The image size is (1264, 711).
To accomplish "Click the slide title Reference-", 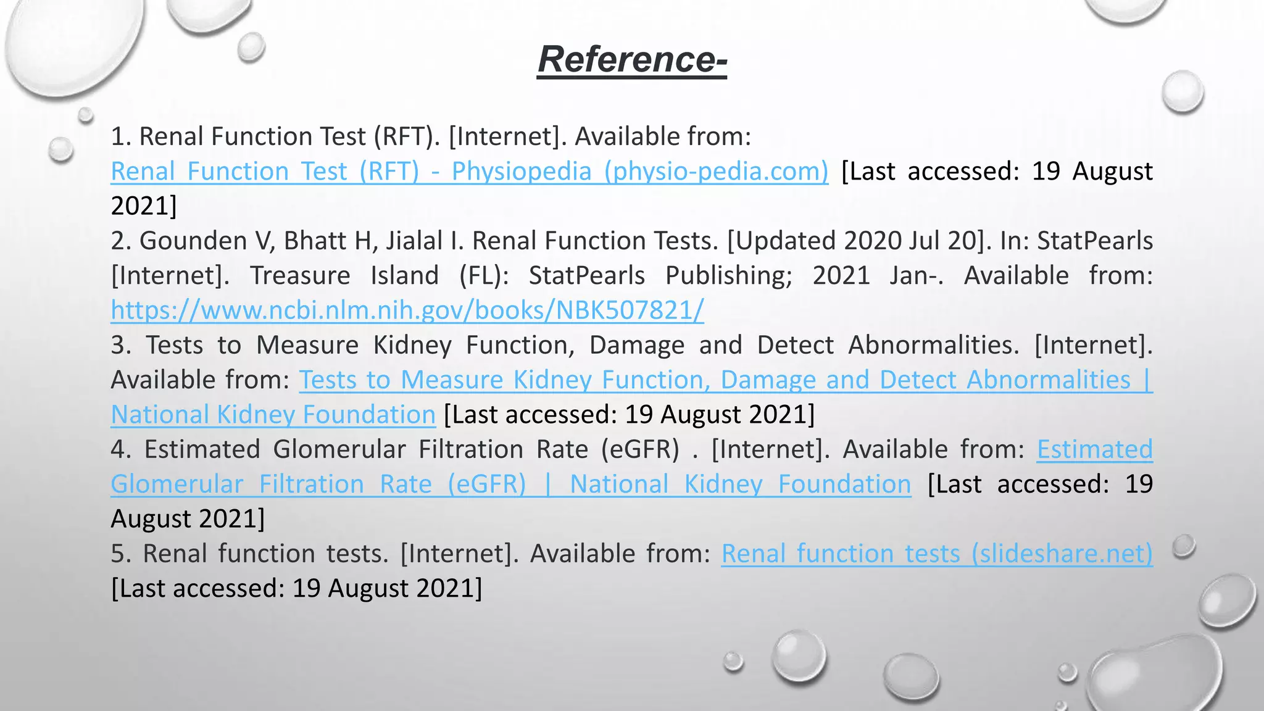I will pos(632,60).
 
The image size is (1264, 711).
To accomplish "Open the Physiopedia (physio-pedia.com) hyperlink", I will pos(469,172).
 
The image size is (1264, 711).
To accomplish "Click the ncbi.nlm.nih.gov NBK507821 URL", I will pos(407,310).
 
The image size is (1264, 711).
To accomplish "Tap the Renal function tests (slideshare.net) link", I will pos(937,554).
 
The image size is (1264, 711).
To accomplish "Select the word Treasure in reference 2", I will pos(300,275).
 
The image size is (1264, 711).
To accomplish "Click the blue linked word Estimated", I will pos(1094,449).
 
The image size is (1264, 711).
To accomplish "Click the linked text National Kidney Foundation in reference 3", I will pos(273,415).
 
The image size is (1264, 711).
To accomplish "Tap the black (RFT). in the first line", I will pos(407,136).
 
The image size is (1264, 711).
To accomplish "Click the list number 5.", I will pos(121,554).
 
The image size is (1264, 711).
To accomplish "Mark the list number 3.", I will pos(121,345).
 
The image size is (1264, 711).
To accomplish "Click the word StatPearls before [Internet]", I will pos(1094,241).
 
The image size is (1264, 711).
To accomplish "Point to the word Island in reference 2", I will pos(404,275).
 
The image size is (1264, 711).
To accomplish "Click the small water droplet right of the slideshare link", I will pos(1184,546).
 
